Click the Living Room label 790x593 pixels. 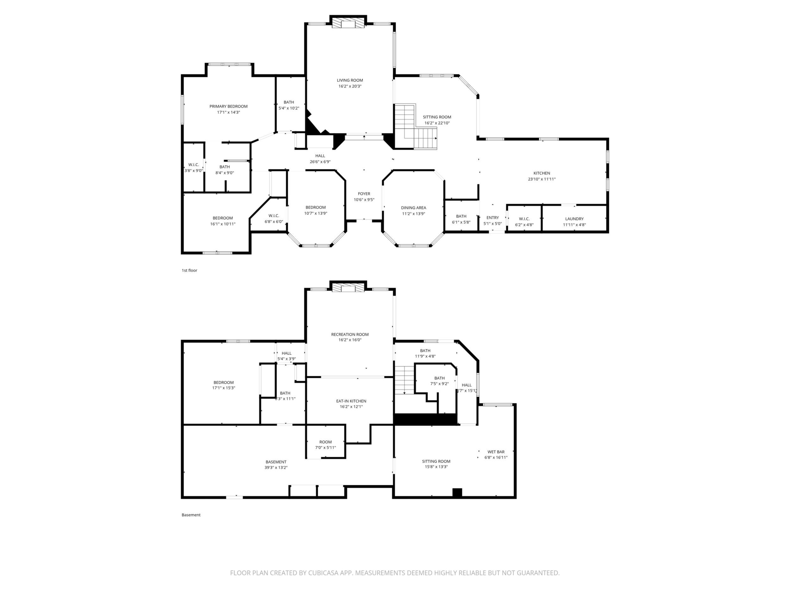tap(350, 80)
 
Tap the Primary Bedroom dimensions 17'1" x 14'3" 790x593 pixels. tap(228, 112)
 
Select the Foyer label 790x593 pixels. tap(364, 194)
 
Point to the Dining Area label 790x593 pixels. tap(413, 208)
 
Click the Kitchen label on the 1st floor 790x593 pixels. tap(542, 173)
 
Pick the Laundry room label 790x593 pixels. tap(574, 219)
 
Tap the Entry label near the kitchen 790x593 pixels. tap(492, 218)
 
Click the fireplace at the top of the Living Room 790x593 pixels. tap(348, 23)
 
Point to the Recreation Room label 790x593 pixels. tap(350, 335)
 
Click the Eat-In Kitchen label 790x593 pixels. tap(351, 401)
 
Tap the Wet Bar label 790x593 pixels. tap(496, 452)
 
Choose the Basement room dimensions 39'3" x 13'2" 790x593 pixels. tap(276, 468)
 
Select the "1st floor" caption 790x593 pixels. tap(189, 270)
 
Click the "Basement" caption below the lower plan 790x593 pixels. tap(191, 515)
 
